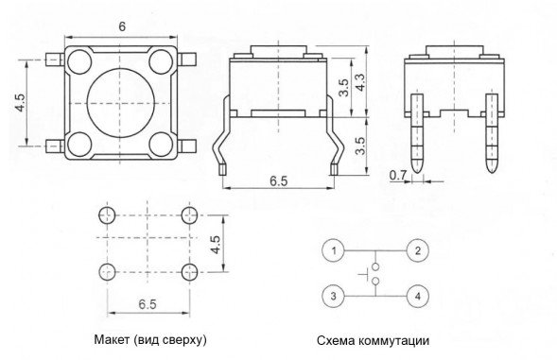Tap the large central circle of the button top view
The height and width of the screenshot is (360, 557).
(121, 105)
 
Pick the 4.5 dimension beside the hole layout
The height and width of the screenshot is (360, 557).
(216, 245)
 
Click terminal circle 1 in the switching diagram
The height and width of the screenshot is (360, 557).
(332, 251)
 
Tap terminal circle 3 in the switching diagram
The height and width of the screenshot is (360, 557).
(332, 296)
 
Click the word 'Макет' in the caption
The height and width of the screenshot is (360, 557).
(113, 338)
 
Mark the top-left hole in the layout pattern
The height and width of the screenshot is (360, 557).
(106, 217)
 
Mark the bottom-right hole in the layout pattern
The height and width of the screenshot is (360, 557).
(186, 272)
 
